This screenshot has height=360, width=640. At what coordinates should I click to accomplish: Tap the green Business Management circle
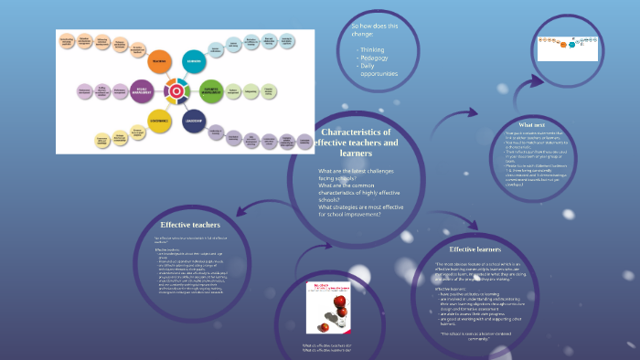[212, 90]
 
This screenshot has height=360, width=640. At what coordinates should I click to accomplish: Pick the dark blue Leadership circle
[193, 121]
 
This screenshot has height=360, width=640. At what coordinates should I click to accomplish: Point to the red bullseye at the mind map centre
[175, 91]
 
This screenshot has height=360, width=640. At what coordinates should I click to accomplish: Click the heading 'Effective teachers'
[190, 224]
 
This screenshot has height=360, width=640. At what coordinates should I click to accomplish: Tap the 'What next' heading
[533, 124]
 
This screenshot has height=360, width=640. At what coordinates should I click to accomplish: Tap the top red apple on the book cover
[325, 302]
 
